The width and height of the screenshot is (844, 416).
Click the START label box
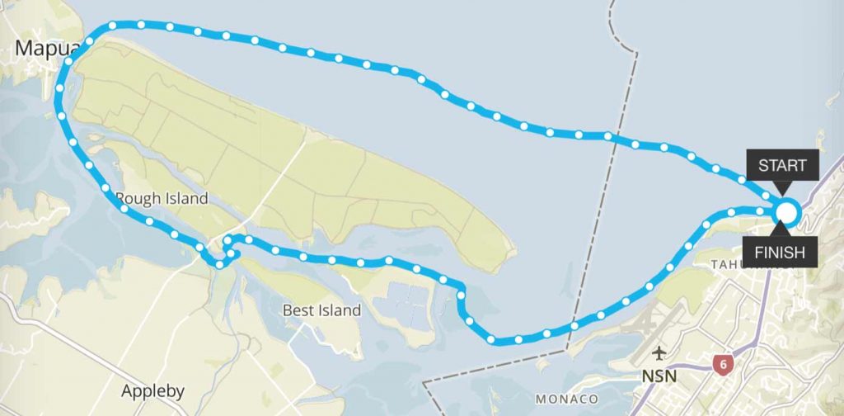coord(782,165)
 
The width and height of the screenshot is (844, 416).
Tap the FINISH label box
coord(779,252)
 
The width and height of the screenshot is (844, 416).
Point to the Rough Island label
coord(162,199)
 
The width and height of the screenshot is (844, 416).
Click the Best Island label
coord(321,310)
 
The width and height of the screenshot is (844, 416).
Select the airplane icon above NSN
coord(659,355)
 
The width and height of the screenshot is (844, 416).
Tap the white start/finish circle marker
coord(786,213)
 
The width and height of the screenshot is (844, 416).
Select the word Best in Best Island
coord(298,310)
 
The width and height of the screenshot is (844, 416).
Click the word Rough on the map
coord(137,199)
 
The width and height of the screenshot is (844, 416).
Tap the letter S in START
coord(763,165)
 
